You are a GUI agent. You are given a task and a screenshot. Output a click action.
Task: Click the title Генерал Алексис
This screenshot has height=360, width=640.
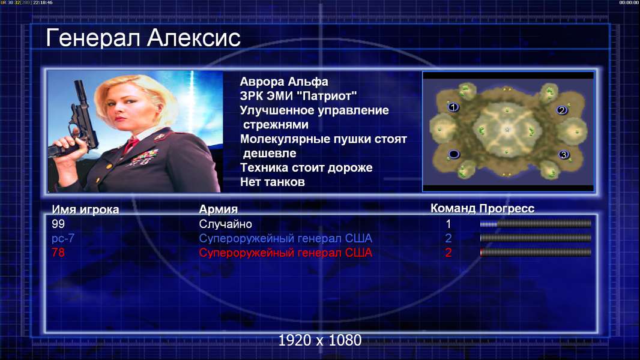(x=143, y=38)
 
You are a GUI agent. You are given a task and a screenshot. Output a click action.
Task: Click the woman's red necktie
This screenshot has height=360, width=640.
(x=131, y=144)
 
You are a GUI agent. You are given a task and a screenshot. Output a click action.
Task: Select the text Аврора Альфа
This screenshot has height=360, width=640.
(x=283, y=82)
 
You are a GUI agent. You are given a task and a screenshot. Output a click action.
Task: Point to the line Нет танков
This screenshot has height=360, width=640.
(x=272, y=182)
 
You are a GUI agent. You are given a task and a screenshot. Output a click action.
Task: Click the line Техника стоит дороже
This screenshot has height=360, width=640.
(x=306, y=167)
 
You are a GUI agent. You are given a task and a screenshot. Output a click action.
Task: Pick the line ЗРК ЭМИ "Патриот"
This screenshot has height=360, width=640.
(x=298, y=96)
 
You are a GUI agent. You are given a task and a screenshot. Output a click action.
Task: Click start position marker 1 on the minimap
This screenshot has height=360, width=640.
(x=453, y=107)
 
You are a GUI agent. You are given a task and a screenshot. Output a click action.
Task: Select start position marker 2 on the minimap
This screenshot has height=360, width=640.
(x=562, y=110)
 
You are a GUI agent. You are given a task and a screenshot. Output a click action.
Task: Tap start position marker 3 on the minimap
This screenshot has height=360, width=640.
(x=564, y=155)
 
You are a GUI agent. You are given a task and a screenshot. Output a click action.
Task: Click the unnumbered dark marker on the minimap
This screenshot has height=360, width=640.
(x=454, y=154)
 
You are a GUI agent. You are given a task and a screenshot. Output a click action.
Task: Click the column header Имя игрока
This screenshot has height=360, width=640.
(x=85, y=209)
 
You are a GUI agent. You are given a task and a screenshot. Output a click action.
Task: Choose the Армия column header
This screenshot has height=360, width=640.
(x=218, y=209)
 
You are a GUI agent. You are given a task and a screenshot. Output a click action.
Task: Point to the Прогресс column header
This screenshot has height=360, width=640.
(x=507, y=208)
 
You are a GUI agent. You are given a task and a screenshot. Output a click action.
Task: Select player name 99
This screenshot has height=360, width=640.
(x=58, y=224)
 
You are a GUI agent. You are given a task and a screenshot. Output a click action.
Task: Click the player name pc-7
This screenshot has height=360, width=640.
(x=63, y=238)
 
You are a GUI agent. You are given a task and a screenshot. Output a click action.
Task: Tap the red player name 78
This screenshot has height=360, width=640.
(x=58, y=253)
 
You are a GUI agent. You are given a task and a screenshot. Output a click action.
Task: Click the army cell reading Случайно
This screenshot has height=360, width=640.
(x=225, y=224)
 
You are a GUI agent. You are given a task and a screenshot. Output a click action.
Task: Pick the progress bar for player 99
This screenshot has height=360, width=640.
(x=536, y=223)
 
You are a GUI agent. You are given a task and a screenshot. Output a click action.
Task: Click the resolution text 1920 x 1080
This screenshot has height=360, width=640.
(x=319, y=340)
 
